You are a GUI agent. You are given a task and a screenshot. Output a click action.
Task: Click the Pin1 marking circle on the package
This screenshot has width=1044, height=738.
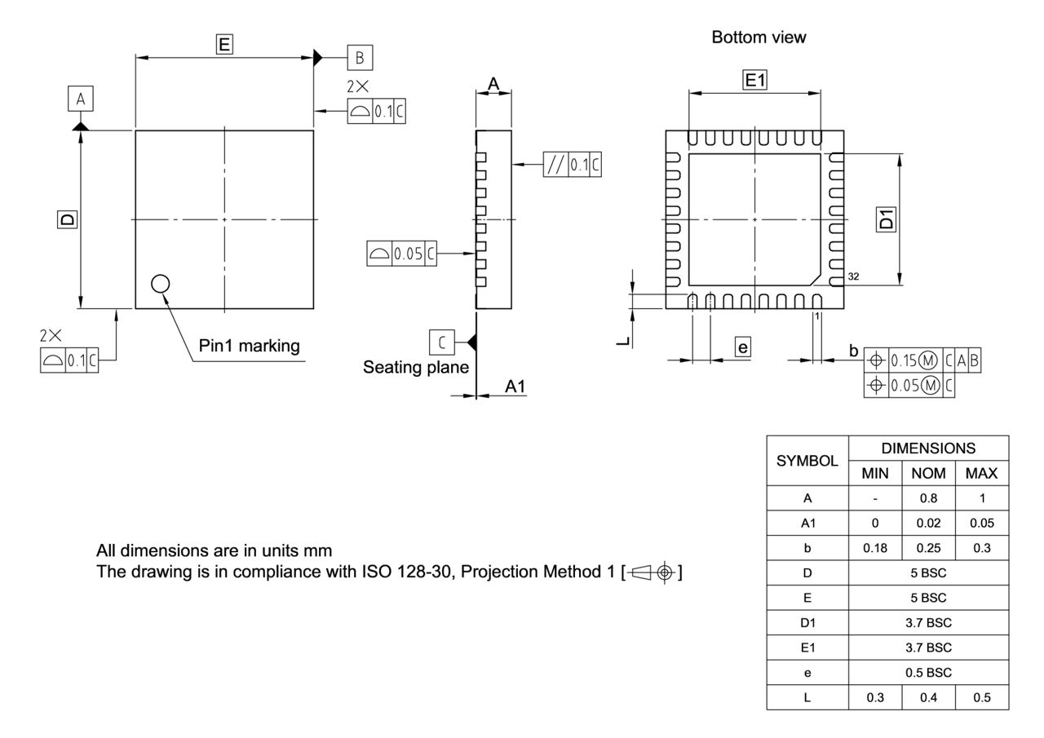click(161, 283)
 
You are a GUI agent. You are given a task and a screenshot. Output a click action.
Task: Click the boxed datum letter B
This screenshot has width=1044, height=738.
click(360, 58)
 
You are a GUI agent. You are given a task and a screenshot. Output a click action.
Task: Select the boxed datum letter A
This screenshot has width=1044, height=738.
click(80, 99)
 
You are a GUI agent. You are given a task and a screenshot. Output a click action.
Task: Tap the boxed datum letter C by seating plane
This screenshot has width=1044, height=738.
click(441, 341)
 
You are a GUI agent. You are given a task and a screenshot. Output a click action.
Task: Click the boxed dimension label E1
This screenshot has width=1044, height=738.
click(754, 80)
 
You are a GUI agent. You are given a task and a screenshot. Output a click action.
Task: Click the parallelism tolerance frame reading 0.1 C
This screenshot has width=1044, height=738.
click(573, 165)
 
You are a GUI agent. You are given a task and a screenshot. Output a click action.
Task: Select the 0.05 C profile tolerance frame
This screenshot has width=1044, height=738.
click(401, 254)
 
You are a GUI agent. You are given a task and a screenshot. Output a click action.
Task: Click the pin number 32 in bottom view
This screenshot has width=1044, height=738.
click(853, 277)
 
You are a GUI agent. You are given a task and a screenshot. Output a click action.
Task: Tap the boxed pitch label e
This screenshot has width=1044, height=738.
click(741, 347)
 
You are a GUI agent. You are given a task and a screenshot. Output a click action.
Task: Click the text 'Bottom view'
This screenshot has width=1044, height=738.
click(759, 38)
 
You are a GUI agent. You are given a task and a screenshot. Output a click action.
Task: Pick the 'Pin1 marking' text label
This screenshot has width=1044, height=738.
click(249, 346)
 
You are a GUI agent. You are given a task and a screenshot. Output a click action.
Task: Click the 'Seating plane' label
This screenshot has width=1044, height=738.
click(416, 368)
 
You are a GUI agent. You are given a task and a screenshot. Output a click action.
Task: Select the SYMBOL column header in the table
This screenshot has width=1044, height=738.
click(807, 460)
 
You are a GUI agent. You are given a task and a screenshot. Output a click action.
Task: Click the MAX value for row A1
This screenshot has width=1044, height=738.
click(981, 523)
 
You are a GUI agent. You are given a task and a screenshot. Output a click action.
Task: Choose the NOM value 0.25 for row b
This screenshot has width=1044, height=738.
click(927, 548)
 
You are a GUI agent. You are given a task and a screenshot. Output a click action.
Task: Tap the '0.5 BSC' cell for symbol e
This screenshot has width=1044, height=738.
click(927, 674)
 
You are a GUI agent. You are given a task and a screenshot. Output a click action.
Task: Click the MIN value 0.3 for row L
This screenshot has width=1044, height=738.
click(874, 699)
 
